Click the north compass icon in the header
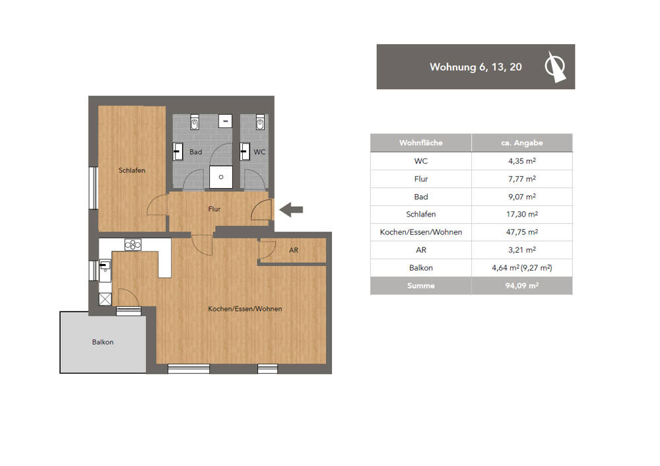(554, 67)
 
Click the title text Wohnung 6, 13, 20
(475, 67)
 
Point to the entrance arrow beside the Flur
(291, 210)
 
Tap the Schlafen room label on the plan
(131, 170)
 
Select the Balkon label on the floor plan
(102, 342)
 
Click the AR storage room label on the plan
(294, 251)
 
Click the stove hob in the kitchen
(133, 245)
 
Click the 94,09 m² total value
(521, 286)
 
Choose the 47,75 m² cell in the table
(521, 232)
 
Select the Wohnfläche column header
(420, 143)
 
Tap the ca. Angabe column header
(521, 143)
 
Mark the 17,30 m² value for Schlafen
(521, 215)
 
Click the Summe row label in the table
(420, 286)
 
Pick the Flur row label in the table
(420, 179)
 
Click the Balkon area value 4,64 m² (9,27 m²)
(521, 268)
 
